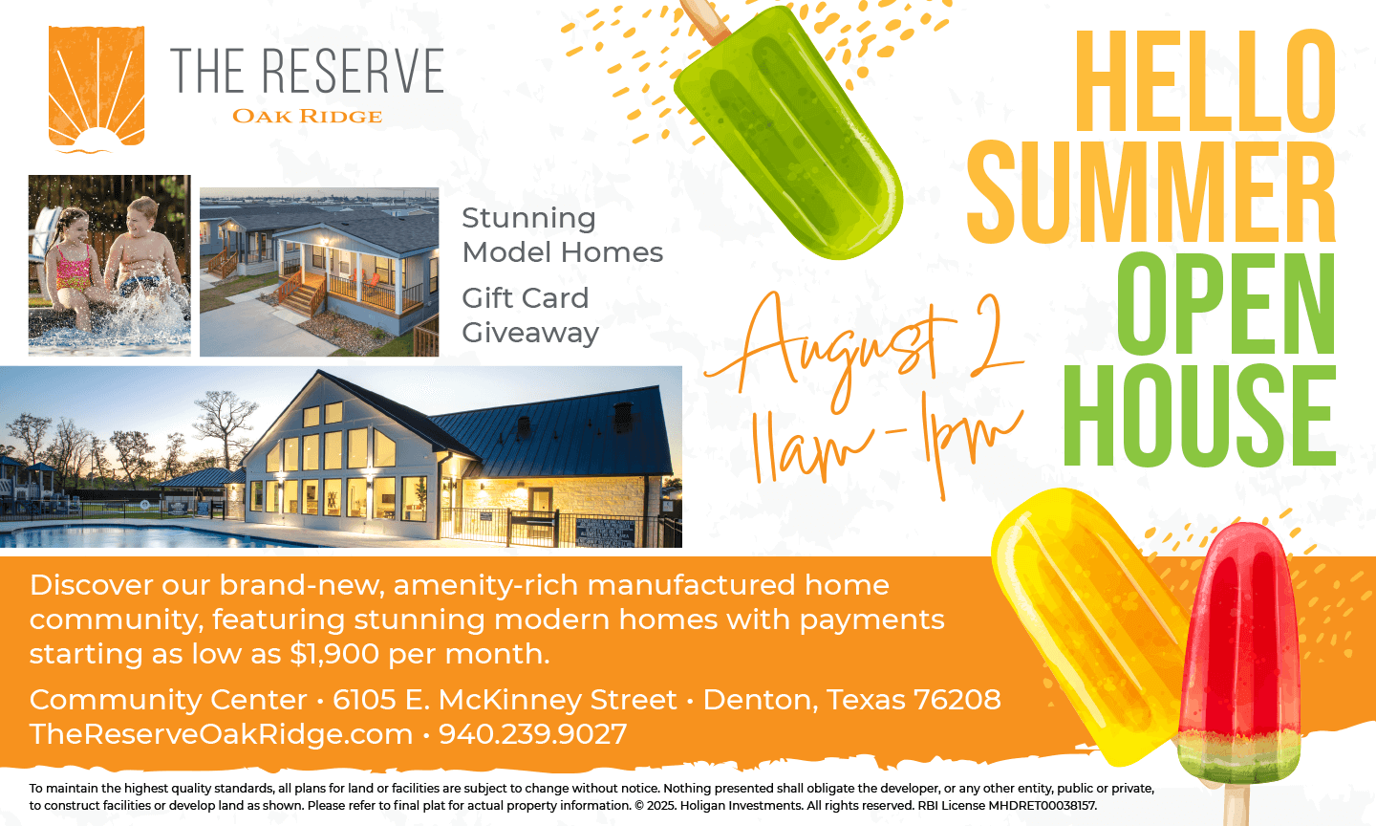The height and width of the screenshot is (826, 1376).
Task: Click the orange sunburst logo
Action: [97, 90]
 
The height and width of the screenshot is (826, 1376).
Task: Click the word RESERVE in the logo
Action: [354, 71]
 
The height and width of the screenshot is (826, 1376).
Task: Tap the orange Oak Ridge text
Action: [307, 117]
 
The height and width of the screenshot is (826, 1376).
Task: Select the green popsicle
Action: [788, 132]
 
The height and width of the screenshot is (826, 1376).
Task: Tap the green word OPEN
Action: [1226, 304]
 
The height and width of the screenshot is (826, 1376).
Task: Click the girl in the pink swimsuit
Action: [74, 264]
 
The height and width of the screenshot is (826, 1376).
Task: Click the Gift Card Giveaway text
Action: [530, 315]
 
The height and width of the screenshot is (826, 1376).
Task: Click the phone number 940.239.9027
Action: [532, 734]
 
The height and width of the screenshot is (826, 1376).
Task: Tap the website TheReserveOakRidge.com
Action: [221, 734]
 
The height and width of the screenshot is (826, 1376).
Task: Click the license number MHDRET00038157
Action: [1042, 806]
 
